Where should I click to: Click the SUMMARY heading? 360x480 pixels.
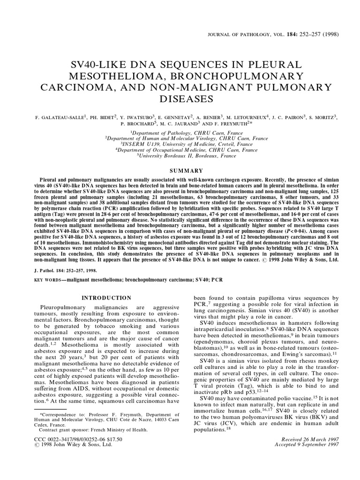(x=180, y=171)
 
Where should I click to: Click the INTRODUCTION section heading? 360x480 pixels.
(x=107, y=298)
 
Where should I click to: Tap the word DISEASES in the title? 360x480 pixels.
(x=180, y=99)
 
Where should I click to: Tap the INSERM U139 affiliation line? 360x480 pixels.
(x=180, y=144)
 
